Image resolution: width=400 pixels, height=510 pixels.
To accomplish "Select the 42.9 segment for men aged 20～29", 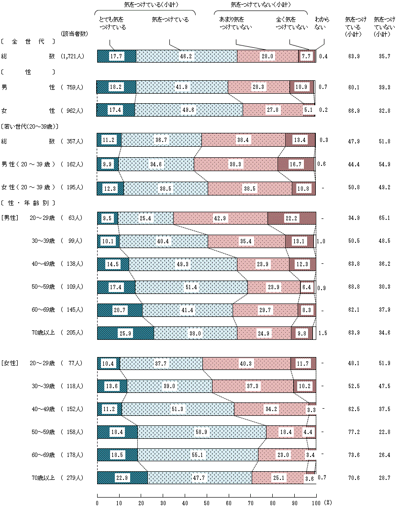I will (x=220, y=218).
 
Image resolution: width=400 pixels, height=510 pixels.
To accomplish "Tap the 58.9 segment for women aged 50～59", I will (x=202, y=432).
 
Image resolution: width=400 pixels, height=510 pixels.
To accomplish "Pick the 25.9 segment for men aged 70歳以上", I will (x=125, y=333).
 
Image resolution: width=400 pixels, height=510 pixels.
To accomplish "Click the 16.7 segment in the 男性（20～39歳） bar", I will (x=296, y=164).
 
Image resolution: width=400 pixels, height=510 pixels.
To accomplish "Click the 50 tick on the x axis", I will (x=207, y=503).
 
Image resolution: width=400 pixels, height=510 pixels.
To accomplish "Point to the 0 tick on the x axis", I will (x=97, y=503).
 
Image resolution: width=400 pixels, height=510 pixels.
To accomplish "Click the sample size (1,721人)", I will (x=73, y=56).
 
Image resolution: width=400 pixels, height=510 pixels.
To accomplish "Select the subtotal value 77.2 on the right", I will (x=354, y=432).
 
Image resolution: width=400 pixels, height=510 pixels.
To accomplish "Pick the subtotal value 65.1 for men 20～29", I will (x=384, y=218).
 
